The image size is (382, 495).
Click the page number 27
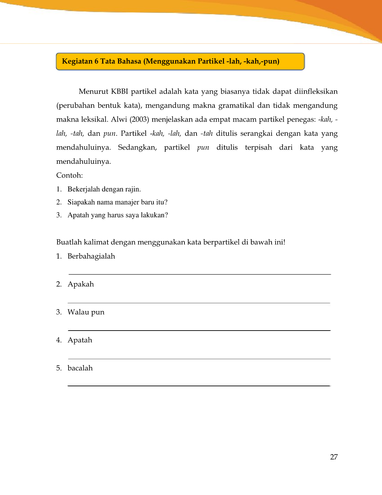[334, 457]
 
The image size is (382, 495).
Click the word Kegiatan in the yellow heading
[77, 61]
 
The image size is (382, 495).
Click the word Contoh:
[69, 175]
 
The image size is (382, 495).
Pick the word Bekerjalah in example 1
[83, 189]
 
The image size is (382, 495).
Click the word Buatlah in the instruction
[69, 242]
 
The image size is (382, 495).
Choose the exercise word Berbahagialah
[91, 256]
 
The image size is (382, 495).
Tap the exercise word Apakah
[81, 284]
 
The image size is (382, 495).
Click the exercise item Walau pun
[86, 312]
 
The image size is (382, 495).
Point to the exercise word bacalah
[80, 368]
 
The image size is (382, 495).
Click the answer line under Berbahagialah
[199, 274]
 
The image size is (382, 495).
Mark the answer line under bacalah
[199, 385]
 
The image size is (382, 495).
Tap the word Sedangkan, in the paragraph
[137, 148]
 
